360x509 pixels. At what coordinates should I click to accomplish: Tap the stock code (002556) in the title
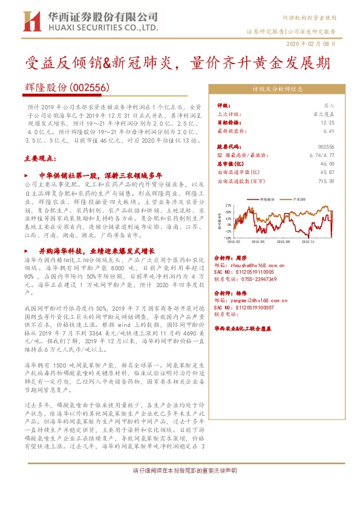coord(91,88)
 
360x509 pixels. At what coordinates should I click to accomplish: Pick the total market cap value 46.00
coord(327,163)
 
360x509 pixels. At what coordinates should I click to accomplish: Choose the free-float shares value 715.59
coord(326,180)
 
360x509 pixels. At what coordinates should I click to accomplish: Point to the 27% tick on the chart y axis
coord(229,204)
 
